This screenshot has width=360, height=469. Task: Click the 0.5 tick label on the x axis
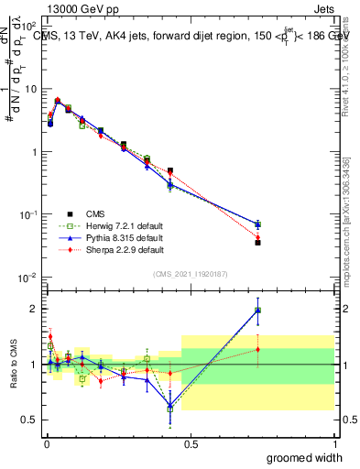pos(190,443)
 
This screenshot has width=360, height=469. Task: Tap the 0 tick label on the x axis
pos(46,443)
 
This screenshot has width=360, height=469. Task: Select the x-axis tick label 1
pos(334,443)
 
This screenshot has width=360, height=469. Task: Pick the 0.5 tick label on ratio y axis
pos(30,420)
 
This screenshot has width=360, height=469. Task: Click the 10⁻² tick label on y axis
pos(29,278)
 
